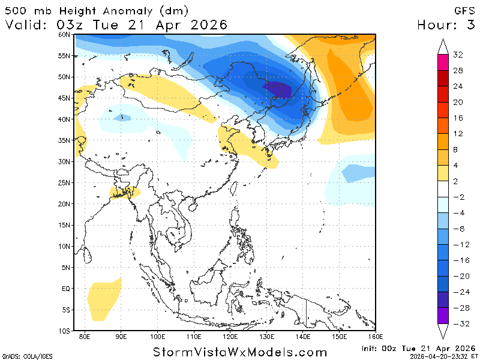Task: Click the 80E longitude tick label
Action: click(85, 337)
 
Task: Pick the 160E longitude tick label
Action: click(375, 337)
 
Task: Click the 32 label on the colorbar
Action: click(458, 55)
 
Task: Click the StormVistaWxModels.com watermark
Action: click(240, 352)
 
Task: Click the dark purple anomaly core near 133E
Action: click(278, 90)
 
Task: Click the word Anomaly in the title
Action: click(120, 11)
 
